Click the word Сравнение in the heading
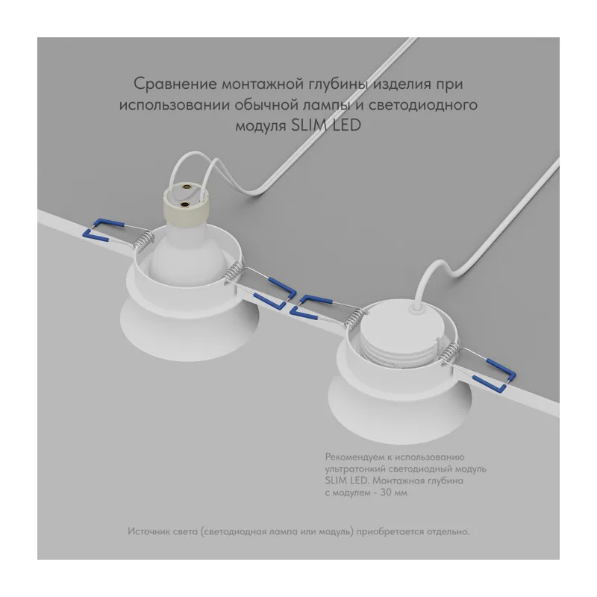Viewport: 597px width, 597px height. click(x=175, y=84)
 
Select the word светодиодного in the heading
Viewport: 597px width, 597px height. click(x=422, y=105)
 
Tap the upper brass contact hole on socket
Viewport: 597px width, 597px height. click(x=187, y=187)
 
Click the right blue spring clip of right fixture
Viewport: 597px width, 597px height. click(x=495, y=376)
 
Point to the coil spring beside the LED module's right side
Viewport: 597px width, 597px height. click(x=451, y=353)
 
